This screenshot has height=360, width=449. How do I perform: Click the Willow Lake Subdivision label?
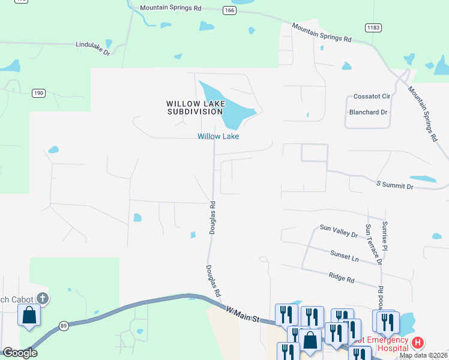(x=196, y=107)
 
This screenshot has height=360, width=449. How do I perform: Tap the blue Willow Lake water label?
(x=218, y=136)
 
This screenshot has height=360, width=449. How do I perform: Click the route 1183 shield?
(x=373, y=28)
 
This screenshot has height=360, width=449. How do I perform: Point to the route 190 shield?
(x=38, y=93)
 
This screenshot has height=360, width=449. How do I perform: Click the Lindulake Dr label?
(x=93, y=48)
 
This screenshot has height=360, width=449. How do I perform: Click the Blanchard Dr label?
(x=369, y=112)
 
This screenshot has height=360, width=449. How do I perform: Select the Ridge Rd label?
(x=342, y=277)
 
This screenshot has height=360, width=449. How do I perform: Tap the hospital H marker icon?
(x=418, y=343)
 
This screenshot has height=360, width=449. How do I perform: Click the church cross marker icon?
(x=42, y=298)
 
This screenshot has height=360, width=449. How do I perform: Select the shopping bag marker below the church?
(x=28, y=315)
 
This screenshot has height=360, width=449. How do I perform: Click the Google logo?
(x=20, y=353)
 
